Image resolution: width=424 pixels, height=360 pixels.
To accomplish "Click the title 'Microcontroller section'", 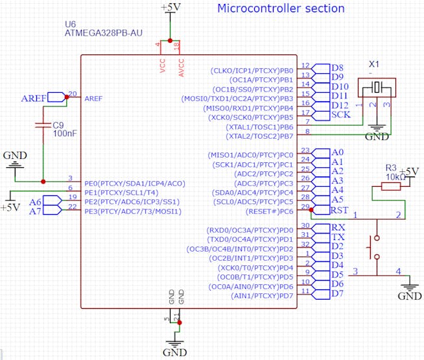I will pos(280,8).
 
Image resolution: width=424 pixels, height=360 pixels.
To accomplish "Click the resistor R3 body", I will pos(391,187).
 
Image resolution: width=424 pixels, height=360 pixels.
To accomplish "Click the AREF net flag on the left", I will pos(34,98).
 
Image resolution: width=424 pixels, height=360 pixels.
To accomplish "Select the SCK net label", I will pos(341,114).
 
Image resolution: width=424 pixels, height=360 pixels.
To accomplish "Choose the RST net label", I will pos(338,210).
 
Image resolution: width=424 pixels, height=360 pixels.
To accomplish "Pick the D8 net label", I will pos(338,67).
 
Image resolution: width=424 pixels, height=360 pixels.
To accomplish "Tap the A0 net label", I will pos(337,152).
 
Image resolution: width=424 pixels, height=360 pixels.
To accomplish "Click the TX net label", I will pos(338,237).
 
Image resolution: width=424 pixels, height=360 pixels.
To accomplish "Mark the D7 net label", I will pos(337,294).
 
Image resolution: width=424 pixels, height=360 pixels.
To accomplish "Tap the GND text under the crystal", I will pos(377,137).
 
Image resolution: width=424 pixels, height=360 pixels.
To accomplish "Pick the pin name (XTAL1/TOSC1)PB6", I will pos(260,127).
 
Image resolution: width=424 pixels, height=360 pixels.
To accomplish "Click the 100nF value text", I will pos(64,133).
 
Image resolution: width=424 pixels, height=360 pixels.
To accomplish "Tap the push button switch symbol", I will pos(374,247).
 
